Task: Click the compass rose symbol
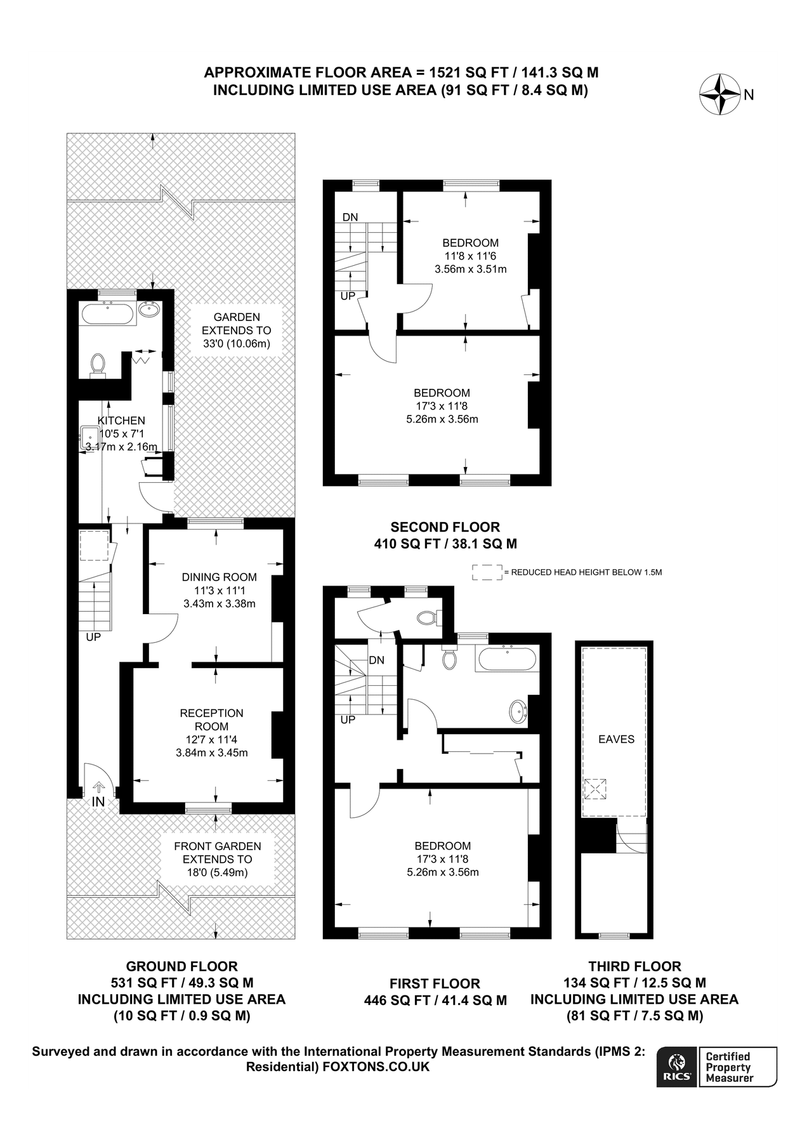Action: [x=719, y=95]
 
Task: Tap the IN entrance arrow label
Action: [x=98, y=801]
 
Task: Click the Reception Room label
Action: [x=211, y=719]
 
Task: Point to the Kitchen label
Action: [x=121, y=421]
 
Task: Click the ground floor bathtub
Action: [x=107, y=314]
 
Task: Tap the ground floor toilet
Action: [x=97, y=365]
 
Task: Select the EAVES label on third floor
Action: [x=616, y=739]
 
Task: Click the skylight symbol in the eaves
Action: [x=594, y=790]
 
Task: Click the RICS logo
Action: [x=676, y=1067]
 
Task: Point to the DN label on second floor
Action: [x=350, y=217]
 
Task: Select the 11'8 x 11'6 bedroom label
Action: [x=470, y=256]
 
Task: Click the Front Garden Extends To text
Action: [x=218, y=853]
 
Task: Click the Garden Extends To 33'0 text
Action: [x=236, y=331]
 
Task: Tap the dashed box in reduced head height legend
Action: [x=487, y=572]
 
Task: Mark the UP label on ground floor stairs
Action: [x=93, y=637]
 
